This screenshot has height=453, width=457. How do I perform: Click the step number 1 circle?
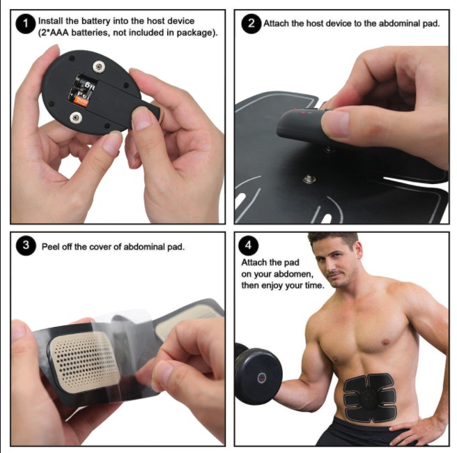[x=25, y=24]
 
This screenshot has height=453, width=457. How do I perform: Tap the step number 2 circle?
[x=251, y=24]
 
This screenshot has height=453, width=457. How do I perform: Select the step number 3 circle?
[x=26, y=245]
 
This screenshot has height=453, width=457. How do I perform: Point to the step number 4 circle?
[x=248, y=245]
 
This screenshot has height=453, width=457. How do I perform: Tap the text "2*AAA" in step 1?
[x=54, y=33]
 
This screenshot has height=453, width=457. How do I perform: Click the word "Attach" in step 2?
[x=276, y=23]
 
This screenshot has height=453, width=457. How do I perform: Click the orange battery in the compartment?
[x=82, y=102]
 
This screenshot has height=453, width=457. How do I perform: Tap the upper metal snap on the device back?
[x=99, y=67]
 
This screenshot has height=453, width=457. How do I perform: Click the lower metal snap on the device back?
[x=75, y=118]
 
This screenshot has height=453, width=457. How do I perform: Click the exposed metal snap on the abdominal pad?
[x=309, y=178]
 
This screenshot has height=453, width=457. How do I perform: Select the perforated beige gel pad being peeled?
[x=84, y=361]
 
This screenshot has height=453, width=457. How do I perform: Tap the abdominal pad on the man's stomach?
[x=369, y=398]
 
